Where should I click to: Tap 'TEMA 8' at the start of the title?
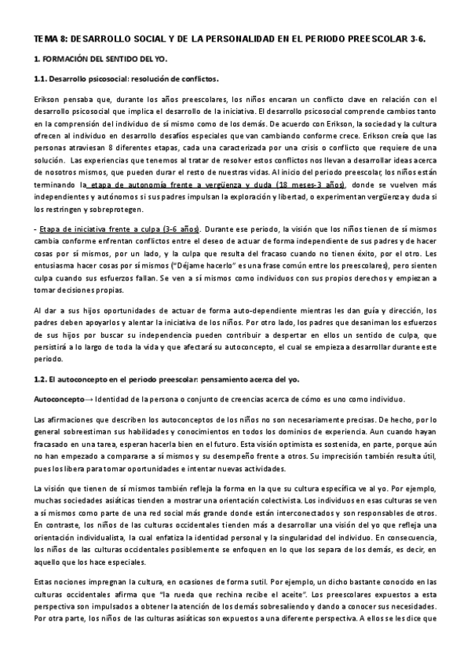49,38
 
